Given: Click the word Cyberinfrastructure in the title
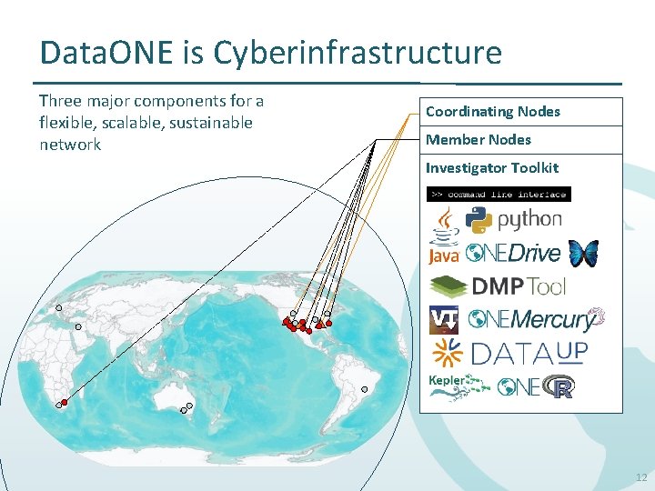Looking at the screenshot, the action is (358, 53).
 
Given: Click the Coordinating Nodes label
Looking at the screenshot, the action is (492, 112).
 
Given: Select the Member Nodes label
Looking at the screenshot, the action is (478, 139).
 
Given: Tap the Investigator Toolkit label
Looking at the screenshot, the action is (491, 167).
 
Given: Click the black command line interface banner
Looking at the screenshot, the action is (499, 193).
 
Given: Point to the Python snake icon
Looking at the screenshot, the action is (479, 218).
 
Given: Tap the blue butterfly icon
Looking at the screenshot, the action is (582, 254).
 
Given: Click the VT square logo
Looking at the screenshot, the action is (443, 320).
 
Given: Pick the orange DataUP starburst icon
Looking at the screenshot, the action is (446, 353).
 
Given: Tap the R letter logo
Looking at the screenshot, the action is (561, 388).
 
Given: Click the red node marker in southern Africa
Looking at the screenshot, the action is (65, 402).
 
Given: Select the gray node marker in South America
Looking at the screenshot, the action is (364, 389).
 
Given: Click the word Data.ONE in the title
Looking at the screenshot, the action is (106, 53).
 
